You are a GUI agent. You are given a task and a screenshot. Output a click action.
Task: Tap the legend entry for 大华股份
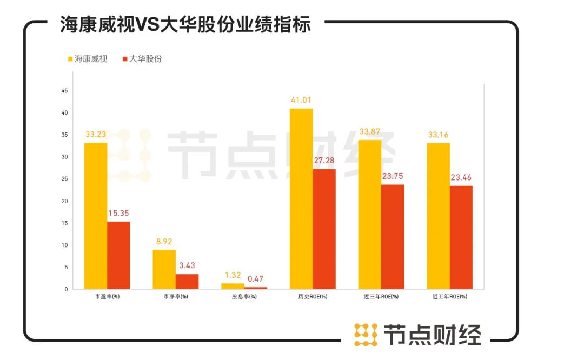point(142,59)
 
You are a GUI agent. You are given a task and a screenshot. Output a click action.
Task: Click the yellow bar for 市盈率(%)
point(96,216)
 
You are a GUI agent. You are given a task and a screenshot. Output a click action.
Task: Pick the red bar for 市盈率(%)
point(118,255)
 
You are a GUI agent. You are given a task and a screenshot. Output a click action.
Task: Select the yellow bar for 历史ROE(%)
point(301,198)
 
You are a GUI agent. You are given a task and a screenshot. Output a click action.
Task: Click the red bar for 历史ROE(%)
point(324,229)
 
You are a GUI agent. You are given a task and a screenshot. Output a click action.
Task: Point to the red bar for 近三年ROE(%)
point(393,237)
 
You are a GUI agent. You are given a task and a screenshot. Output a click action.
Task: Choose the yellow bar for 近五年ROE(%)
point(438,216)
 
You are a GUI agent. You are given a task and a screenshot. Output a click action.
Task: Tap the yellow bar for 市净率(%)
point(164,269)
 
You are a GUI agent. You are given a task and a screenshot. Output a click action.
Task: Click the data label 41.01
point(301,100)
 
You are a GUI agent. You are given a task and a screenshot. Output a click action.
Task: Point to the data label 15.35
point(119,213)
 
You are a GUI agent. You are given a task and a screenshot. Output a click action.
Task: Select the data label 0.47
point(256,279)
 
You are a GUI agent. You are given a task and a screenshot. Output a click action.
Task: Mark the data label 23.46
point(461,177)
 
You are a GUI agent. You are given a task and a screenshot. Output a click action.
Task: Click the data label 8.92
point(164,242)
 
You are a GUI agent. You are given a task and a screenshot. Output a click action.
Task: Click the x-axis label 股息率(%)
point(244,297)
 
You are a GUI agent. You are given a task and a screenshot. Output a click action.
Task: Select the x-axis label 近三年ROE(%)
point(381,297)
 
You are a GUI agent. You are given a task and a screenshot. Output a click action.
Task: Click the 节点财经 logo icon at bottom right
point(366,335)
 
